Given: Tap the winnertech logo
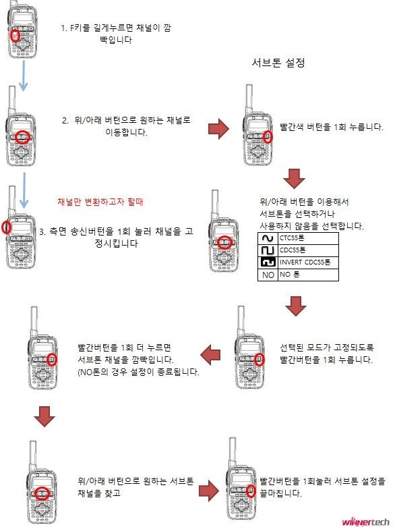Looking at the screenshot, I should (366, 521).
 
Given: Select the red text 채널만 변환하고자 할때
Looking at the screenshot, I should (100, 202).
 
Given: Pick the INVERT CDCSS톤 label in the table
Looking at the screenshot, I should (305, 262).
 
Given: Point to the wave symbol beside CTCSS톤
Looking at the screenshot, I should (268, 238).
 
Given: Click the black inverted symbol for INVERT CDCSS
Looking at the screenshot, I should (268, 262).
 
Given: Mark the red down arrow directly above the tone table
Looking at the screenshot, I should (294, 178).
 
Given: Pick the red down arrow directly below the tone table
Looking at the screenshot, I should (295, 305).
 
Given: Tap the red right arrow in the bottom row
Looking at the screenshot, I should (211, 489).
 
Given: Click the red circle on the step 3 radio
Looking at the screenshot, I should (7, 227).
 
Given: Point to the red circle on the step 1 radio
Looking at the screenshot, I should (15, 34).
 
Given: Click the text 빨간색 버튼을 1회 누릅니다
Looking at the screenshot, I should (332, 127).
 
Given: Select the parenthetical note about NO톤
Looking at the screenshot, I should (139, 371).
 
